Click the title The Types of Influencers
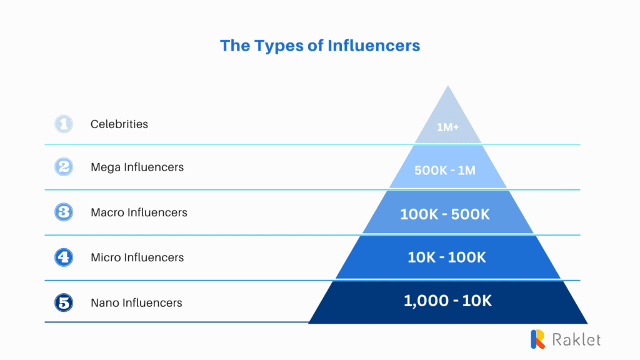pos(320,46)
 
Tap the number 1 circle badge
pos(64,124)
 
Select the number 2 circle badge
pos(64,167)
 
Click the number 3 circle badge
pos(64,212)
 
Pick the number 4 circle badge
pos(64,257)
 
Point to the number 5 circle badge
pos(64,303)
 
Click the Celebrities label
pos(119,124)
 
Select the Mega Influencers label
pos(137,167)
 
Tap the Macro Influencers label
pos(139,212)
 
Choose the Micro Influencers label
pos(137,257)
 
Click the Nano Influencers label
pos(136,303)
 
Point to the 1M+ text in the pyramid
pos(447,127)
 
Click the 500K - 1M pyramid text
pos(445,170)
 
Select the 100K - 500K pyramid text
pos(445,214)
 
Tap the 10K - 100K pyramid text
pos(447,257)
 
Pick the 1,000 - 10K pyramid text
pos(447,301)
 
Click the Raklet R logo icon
pos(538,339)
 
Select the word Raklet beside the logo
pos(576,339)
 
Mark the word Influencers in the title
pos(374,46)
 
